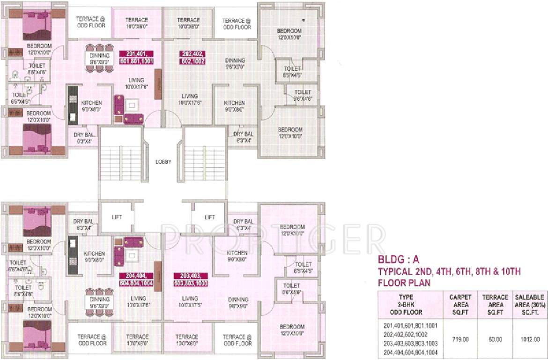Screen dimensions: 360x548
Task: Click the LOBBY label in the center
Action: pyautogui.click(x=163, y=162)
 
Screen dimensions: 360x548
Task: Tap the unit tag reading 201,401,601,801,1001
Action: pyautogui.click(x=138, y=57)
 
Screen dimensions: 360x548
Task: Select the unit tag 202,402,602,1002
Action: pyautogui.click(x=192, y=57)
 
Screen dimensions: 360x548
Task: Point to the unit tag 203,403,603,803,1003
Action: pyautogui.click(x=191, y=279)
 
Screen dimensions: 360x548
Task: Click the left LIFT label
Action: pyautogui.click(x=117, y=217)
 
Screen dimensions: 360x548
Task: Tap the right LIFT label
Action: pyautogui.click(x=210, y=217)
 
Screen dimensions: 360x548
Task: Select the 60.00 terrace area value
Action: pyautogui.click(x=496, y=338)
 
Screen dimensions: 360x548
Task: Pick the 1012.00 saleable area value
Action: pyautogui.click(x=529, y=338)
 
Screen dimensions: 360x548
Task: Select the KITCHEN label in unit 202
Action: pyautogui.click(x=234, y=103)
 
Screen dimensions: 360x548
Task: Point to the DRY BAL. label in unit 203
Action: pyautogui.click(x=244, y=221)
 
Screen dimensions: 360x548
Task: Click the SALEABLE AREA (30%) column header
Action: pyautogui.click(x=529, y=305)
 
